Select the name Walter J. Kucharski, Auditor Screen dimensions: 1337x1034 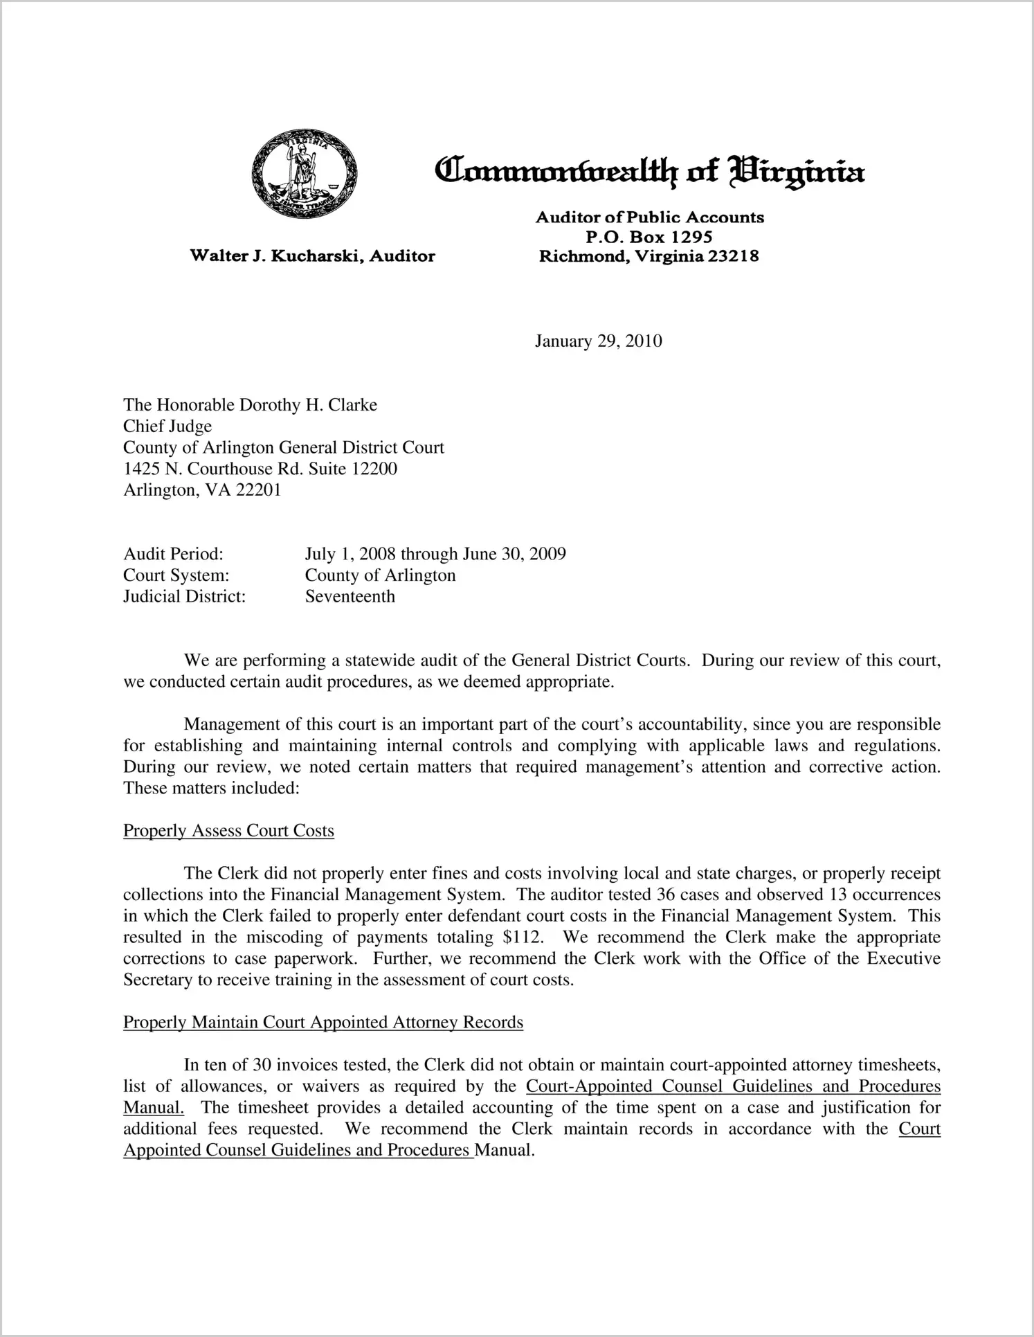[313, 256]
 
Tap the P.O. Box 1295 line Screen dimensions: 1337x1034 [649, 237]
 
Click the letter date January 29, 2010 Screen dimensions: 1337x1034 [598, 341]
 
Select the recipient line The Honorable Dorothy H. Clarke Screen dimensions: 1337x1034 [250, 405]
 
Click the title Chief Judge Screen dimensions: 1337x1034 [167, 427]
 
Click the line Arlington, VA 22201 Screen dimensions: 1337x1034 [202, 490]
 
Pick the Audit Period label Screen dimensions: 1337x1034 [173, 554]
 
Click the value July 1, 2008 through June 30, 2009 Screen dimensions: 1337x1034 [435, 554]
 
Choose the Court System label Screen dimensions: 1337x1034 [176, 575]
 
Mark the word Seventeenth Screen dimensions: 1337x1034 [350, 596]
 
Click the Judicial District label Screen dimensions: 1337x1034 [184, 596]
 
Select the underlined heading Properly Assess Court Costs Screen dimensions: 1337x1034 [228, 831]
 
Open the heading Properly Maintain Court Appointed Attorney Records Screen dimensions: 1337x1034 [323, 1023]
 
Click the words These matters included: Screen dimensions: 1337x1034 [211, 789]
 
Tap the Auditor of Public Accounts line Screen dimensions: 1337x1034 [649, 217]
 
